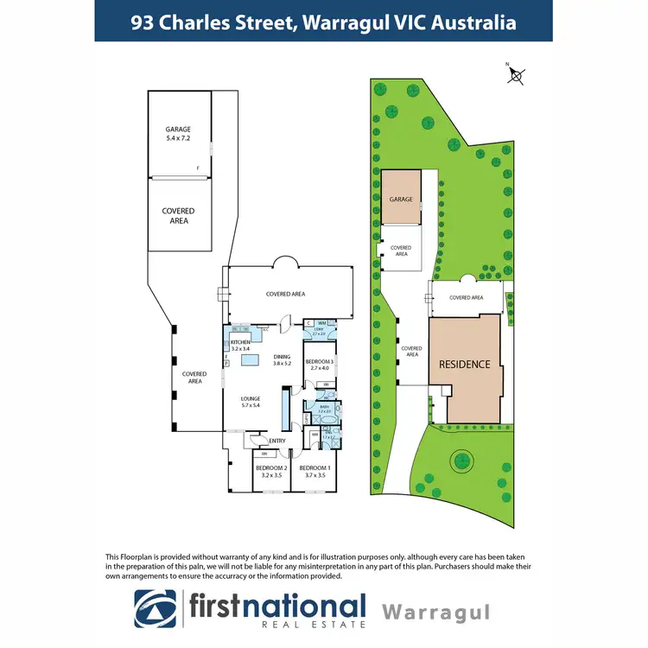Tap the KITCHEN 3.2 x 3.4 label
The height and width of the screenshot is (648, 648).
tap(239, 346)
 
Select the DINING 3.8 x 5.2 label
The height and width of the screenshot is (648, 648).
tap(283, 360)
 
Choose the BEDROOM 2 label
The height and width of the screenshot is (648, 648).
tap(271, 471)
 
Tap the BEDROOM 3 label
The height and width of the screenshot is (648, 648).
tap(319, 364)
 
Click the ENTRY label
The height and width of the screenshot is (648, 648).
tap(277, 442)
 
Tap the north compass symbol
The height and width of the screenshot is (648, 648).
tap(517, 75)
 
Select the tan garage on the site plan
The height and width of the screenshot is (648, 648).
tap(401, 198)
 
